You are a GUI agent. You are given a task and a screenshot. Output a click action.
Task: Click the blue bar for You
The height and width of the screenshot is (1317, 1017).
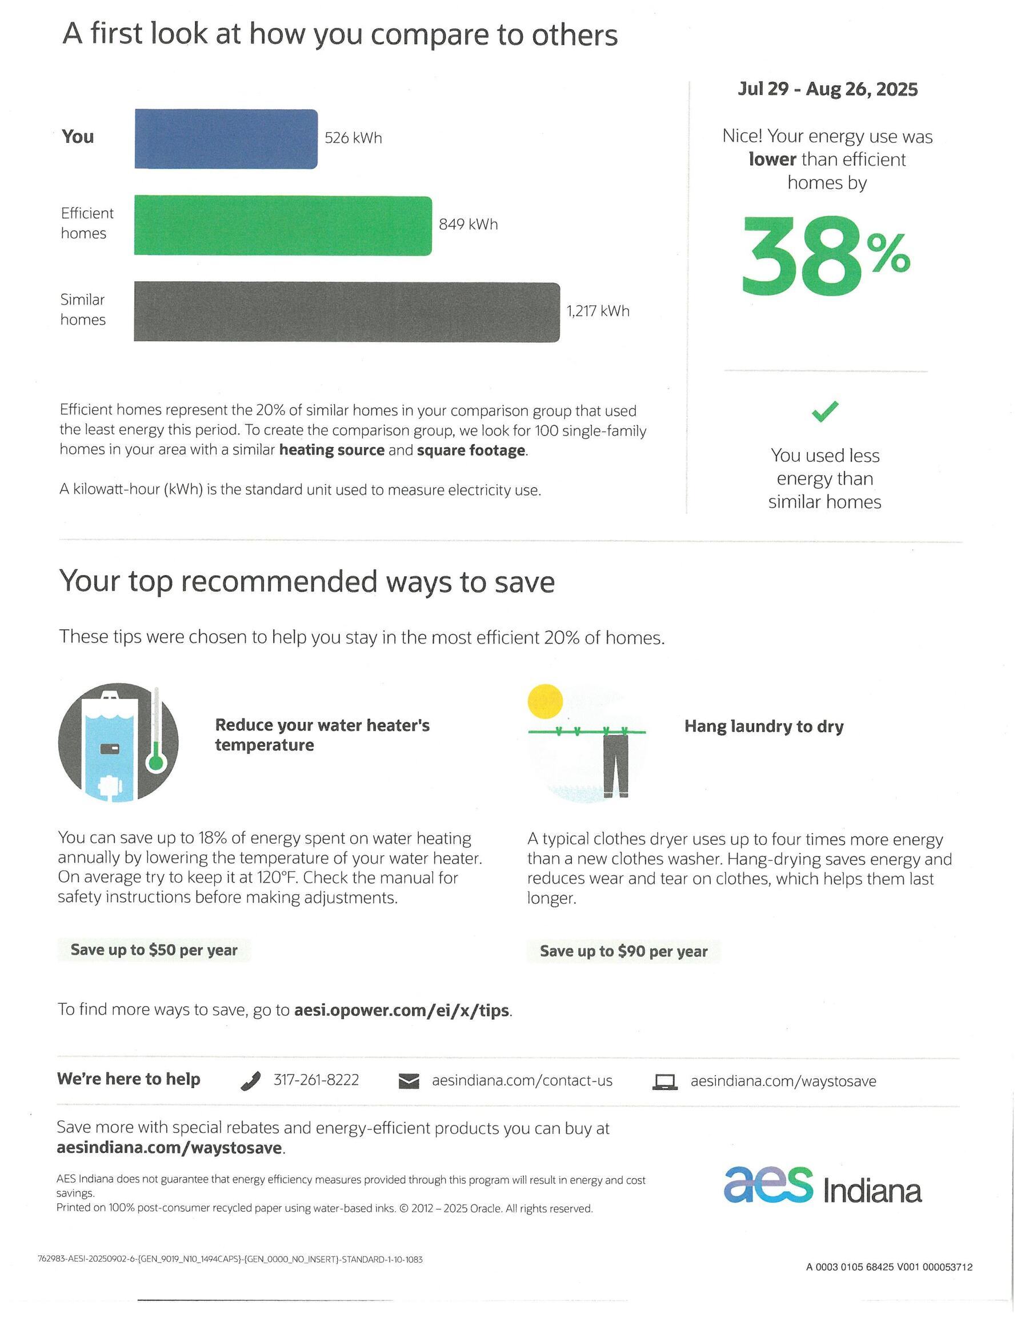click(226, 139)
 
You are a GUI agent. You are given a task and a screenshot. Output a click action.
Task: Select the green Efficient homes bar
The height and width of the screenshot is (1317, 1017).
click(283, 226)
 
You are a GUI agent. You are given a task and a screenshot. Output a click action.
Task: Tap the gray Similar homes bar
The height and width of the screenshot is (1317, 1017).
click(346, 312)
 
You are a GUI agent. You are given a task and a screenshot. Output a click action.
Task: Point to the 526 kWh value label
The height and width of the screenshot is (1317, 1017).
click(353, 138)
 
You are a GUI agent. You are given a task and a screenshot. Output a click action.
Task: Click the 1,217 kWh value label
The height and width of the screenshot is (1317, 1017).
click(598, 311)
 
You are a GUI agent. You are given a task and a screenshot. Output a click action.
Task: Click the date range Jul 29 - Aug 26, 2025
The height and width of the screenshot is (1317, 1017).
click(827, 89)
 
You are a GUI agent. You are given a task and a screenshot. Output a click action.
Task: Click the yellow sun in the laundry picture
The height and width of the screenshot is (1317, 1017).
click(545, 701)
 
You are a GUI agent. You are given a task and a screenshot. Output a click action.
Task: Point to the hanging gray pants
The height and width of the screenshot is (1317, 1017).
click(615, 764)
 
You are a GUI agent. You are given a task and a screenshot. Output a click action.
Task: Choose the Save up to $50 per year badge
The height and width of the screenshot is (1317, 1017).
click(154, 950)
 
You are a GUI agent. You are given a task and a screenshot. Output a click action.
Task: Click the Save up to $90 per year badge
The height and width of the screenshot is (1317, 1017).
click(623, 951)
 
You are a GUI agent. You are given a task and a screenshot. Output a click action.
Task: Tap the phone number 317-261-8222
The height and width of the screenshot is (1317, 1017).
click(316, 1080)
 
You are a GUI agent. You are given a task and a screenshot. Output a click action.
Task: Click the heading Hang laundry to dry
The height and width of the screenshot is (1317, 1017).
click(764, 726)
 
